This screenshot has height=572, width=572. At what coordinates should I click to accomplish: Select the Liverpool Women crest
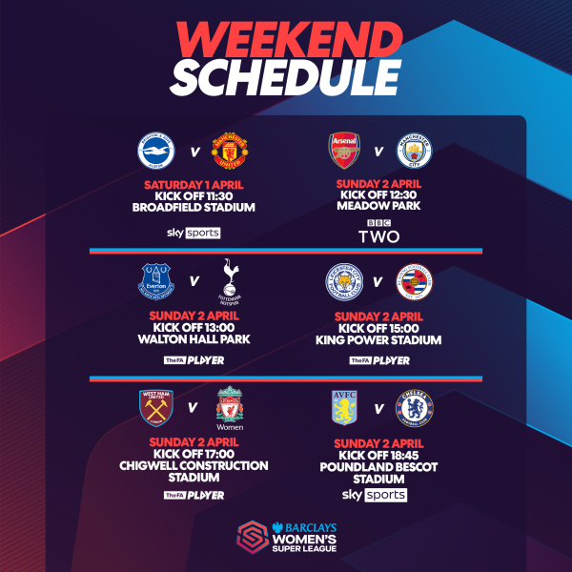pyautogui.click(x=230, y=408)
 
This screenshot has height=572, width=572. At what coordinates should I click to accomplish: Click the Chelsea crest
pyautogui.click(x=415, y=408)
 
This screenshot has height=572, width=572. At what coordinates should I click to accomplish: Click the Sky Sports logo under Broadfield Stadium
pyautogui.click(x=194, y=233)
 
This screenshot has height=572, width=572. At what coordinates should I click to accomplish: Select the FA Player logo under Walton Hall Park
pyautogui.click(x=194, y=360)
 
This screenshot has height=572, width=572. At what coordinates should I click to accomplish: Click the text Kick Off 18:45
pyautogui.click(x=378, y=457)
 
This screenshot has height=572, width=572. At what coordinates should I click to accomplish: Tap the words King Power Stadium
pyautogui.click(x=378, y=339)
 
